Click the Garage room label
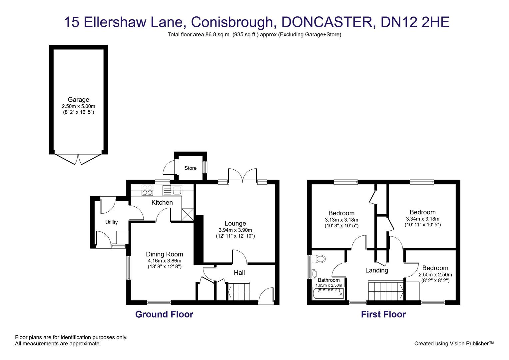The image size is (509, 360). pyautogui.click(x=78, y=99)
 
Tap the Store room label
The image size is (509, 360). pyautogui.click(x=191, y=168)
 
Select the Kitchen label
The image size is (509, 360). pyautogui.click(x=162, y=202)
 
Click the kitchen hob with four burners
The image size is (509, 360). pyautogui.click(x=147, y=190)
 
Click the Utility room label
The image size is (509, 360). pyautogui.click(x=111, y=222)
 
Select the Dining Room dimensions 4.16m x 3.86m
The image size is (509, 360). pyautogui.click(x=165, y=261)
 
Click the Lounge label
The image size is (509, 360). pyautogui.click(x=235, y=223)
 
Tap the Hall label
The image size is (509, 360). pyautogui.click(x=239, y=273)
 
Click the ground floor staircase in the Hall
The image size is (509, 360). pyautogui.click(x=239, y=291)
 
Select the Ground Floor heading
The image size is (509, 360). pyautogui.click(x=164, y=314)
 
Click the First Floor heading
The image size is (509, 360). pyautogui.click(x=383, y=314)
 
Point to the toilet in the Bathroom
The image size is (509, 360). pyautogui.click(x=320, y=259)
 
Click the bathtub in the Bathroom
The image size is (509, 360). pyautogui.click(x=328, y=294)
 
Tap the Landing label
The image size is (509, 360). pyautogui.click(x=377, y=270)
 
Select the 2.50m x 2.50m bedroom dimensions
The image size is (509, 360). pyautogui.click(x=435, y=275)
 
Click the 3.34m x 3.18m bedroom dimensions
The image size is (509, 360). pyautogui.click(x=422, y=219)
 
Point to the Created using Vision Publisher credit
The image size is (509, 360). pyautogui.click(x=454, y=343)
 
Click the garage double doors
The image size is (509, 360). pyautogui.click(x=78, y=159)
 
